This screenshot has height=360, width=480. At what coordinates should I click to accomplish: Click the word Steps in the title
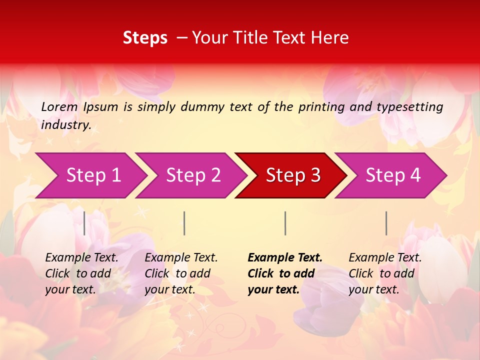(x=145, y=38)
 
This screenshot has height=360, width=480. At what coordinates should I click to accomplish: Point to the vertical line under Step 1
(x=84, y=223)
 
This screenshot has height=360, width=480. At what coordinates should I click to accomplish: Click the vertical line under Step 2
(x=184, y=223)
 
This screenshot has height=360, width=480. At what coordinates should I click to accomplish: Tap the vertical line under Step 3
(x=285, y=223)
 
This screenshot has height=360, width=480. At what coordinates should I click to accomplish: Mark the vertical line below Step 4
(x=386, y=223)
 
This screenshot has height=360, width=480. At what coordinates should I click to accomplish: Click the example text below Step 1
(x=81, y=273)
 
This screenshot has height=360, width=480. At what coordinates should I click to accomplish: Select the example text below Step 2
(x=181, y=273)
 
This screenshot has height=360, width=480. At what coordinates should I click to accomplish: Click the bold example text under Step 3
(x=285, y=273)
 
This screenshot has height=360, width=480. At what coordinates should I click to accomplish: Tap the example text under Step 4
(x=385, y=273)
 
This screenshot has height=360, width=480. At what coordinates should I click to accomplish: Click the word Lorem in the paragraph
(x=59, y=107)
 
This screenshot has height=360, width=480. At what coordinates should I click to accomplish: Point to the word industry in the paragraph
(x=66, y=125)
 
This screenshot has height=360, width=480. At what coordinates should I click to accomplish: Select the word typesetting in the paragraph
(x=409, y=107)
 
